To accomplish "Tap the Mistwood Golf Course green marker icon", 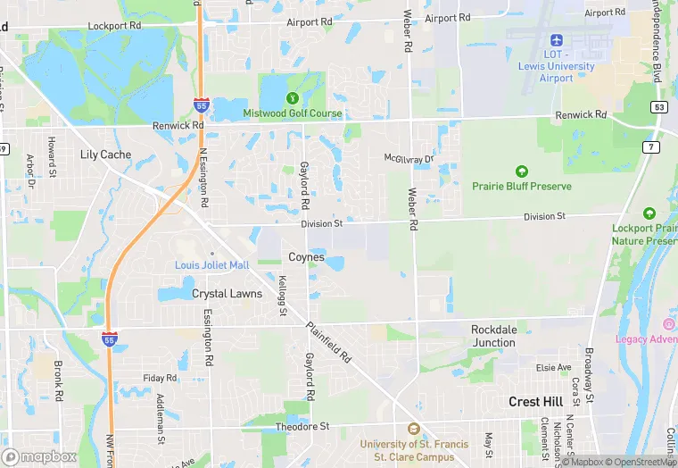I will (x=292, y=98).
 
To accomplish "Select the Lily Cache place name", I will (x=105, y=155).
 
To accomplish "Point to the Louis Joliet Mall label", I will (x=211, y=265).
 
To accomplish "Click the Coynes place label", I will (x=306, y=257).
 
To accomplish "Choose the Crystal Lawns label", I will (x=227, y=294).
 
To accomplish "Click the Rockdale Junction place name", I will (x=493, y=336).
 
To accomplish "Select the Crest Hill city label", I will (x=535, y=402).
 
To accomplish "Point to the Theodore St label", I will (x=302, y=427).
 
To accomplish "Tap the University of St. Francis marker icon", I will (x=412, y=430).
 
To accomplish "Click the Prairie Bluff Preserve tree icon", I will (x=522, y=171).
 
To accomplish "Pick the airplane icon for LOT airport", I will (x=557, y=40).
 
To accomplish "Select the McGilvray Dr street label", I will (x=409, y=158).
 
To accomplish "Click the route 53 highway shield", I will (x=660, y=108).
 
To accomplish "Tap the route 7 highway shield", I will (x=651, y=146).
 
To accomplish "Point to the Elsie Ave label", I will (x=553, y=367).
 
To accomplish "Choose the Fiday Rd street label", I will (x=160, y=378).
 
